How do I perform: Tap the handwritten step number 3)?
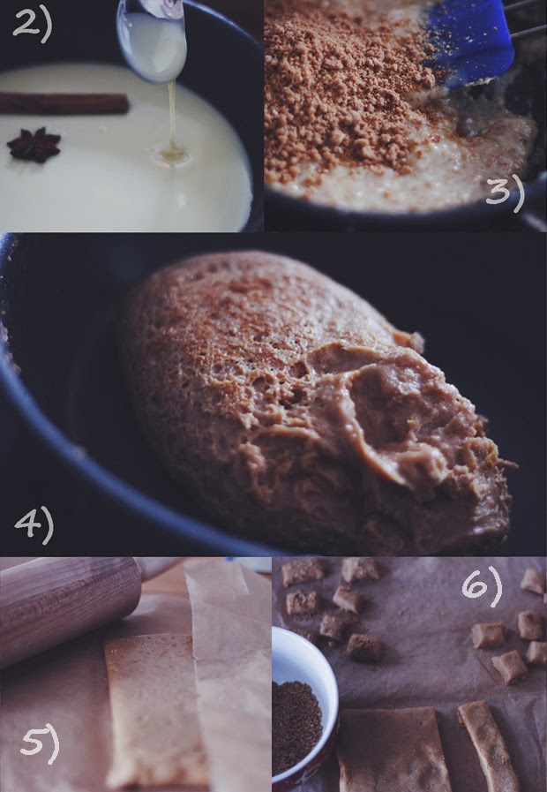pyautogui.click(x=506, y=193)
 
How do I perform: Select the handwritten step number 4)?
pyautogui.click(x=34, y=525)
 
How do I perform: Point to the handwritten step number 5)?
pyautogui.click(x=40, y=744)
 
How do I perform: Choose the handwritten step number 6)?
pyautogui.click(x=483, y=586)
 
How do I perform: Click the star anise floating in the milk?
pyautogui.click(x=34, y=145)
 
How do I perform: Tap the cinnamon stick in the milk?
pyautogui.click(x=64, y=103)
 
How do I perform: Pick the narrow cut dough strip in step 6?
pyautogui.click(x=487, y=745)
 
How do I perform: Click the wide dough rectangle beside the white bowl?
pyautogui.click(x=393, y=751)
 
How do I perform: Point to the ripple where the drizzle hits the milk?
pyautogui.click(x=171, y=154)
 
